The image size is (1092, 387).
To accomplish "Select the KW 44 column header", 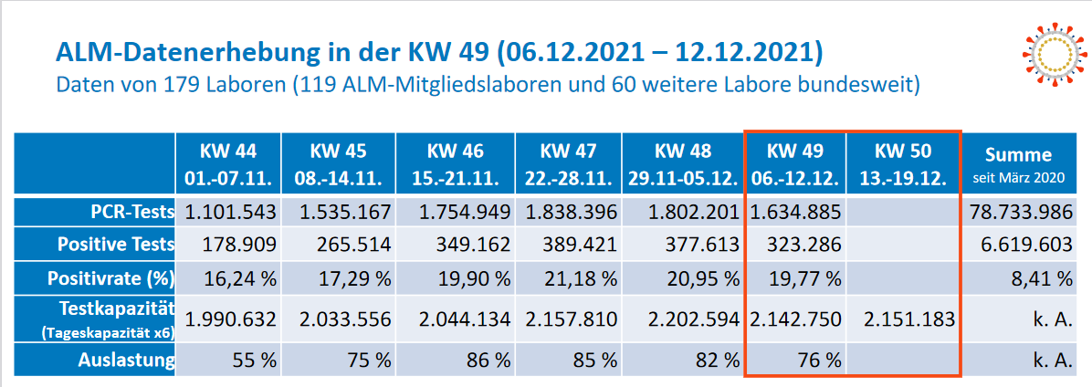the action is pos(228,164).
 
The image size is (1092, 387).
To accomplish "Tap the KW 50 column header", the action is pos(903,164).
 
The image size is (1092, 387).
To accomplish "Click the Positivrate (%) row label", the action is pos(110,279).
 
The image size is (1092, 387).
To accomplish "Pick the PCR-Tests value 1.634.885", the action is pos(794,213).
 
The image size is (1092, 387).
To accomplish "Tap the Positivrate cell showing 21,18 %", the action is pos(572,279).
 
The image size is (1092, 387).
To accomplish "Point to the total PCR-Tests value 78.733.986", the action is pos(1020,213).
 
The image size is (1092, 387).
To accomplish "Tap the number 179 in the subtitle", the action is pos(141,85).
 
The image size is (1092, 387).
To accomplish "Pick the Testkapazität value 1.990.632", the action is pos(229,321).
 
